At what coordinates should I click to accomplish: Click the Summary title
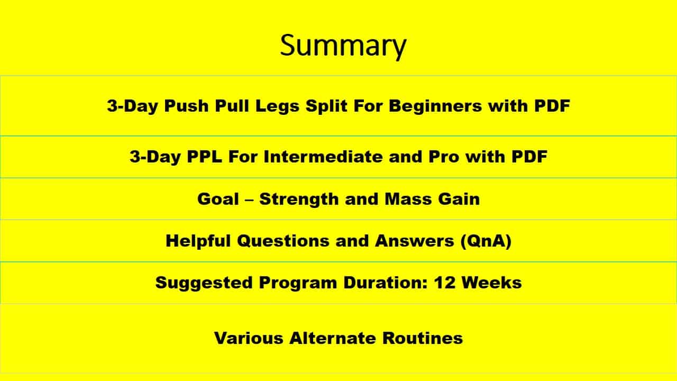[343, 46]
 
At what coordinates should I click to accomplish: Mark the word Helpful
[198, 241]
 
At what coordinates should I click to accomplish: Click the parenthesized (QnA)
[484, 241]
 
